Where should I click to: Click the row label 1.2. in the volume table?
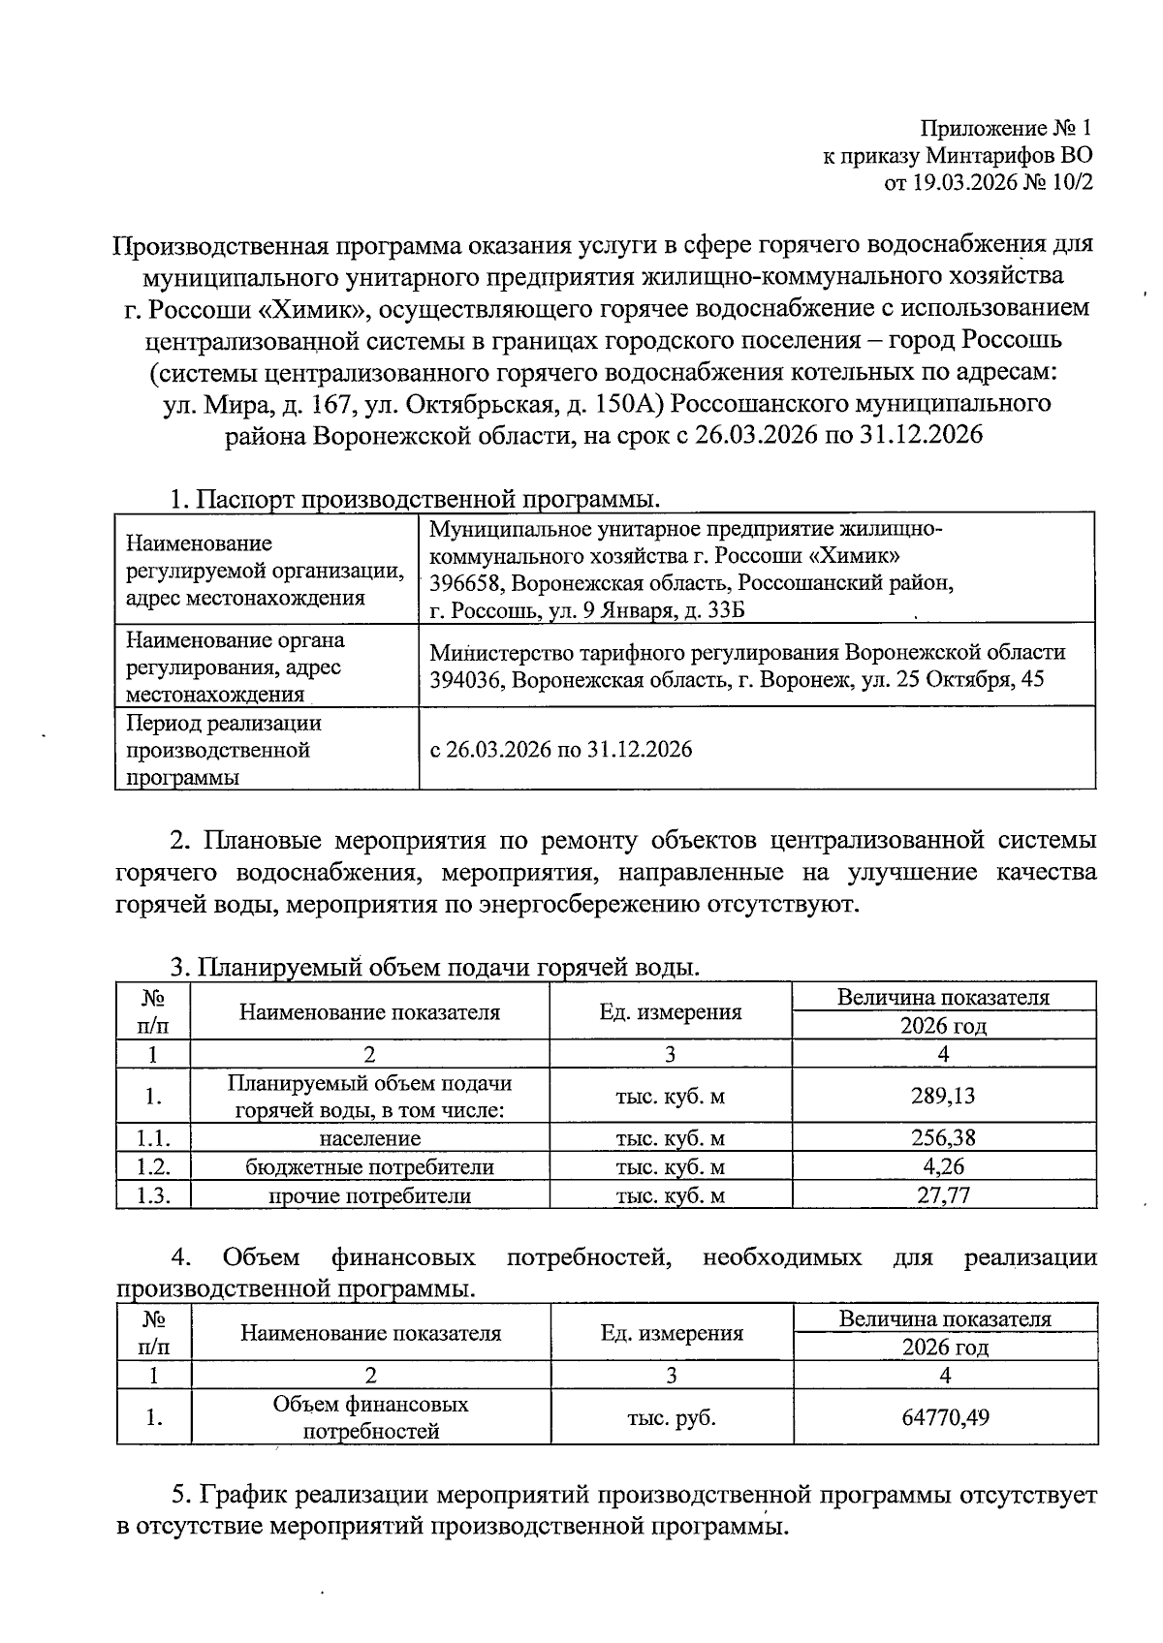pos(153,1166)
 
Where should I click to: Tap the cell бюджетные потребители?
pos(369,1166)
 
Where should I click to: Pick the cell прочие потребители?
pos(369,1195)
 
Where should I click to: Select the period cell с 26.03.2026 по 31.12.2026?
pos(560,749)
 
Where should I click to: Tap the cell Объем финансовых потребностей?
pos(370,1417)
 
